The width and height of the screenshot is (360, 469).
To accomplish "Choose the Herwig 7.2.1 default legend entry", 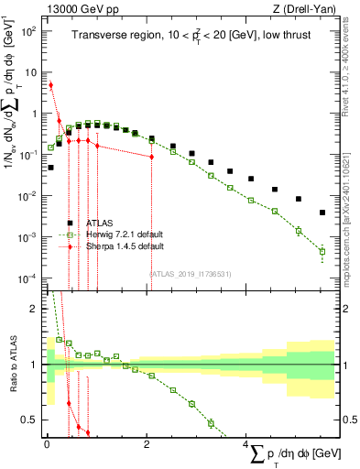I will coord(118,234).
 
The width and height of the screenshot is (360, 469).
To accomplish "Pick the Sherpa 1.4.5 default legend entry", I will coord(118,246).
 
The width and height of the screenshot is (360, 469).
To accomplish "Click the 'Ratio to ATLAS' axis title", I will coord(14,365).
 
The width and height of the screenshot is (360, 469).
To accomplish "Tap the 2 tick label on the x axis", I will coord(147,444).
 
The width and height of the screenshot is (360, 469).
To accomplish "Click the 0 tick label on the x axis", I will coord(47,444).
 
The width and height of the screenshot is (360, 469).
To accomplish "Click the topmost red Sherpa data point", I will coord(50,85).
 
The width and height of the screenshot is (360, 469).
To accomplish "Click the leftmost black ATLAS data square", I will coord(50,168).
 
